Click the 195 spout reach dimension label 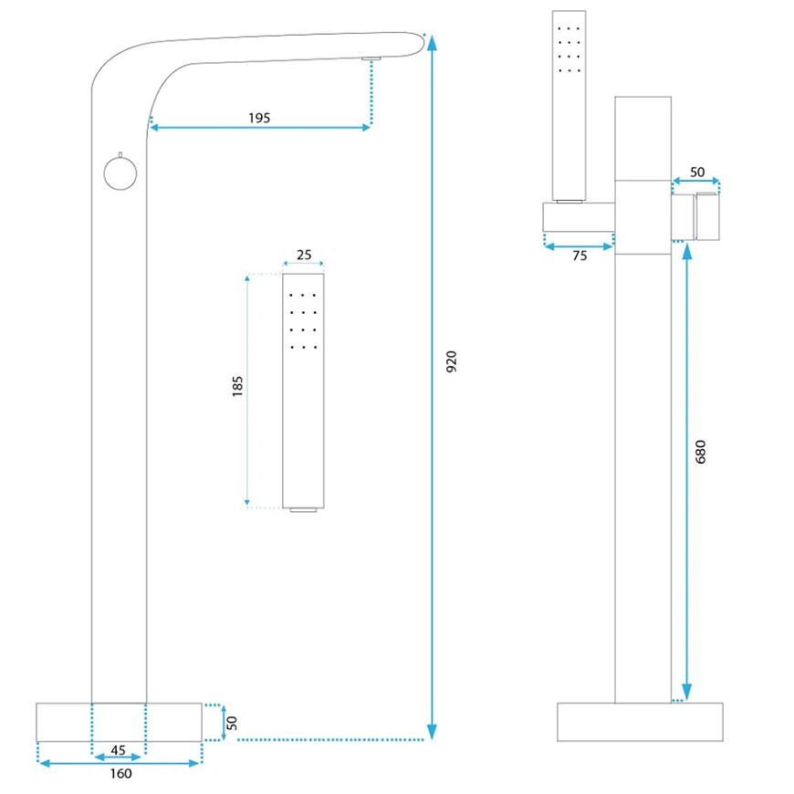click(258, 118)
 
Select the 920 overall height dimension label click(450, 360)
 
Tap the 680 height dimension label click(700, 451)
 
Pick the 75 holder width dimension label click(579, 256)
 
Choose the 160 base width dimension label click(120, 774)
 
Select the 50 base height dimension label click(232, 722)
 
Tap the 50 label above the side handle click(696, 172)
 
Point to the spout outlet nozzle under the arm click(371, 59)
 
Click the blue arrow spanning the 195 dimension click(259, 128)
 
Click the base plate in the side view click(640, 721)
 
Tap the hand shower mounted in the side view click(568, 105)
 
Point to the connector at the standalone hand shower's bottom click(304, 509)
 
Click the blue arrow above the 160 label click(119, 762)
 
